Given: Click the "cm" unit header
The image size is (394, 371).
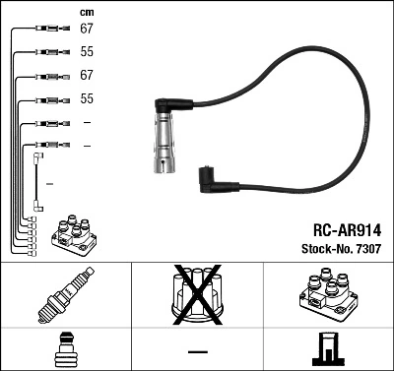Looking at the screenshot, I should point(85,12).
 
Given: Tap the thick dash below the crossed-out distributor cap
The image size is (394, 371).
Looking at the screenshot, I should point(197,350).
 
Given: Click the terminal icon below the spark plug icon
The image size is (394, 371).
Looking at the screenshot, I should point(65,349).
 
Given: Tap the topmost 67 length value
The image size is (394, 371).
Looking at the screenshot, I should point(87,30).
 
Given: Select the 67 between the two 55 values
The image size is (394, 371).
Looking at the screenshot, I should point(87,76).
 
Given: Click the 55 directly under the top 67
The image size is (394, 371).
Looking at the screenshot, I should point(87,52).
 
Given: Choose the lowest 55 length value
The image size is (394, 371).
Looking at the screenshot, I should point(87,99).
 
